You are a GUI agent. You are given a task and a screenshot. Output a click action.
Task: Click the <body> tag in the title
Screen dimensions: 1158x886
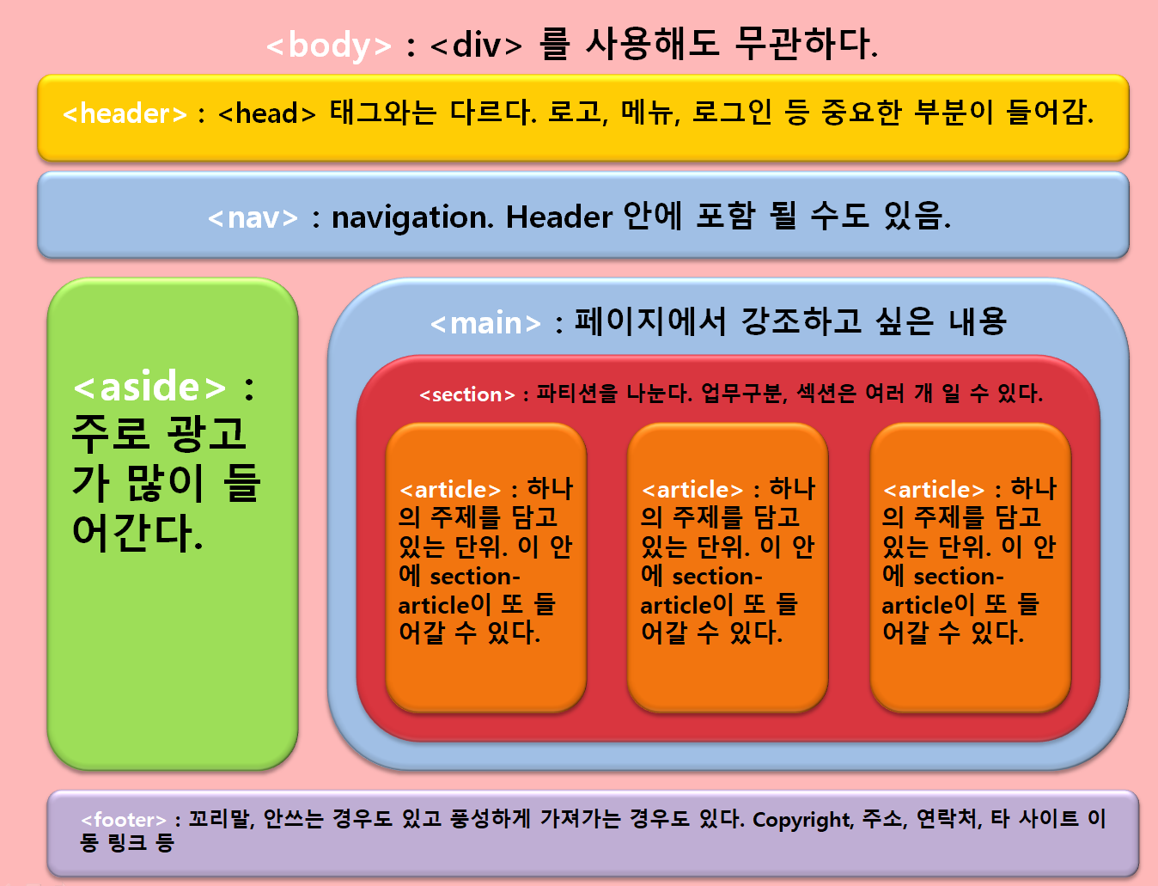(329, 46)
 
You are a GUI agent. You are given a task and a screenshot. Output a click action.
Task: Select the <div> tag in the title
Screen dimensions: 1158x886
(477, 46)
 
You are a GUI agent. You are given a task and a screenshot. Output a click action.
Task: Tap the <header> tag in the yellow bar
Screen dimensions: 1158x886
(125, 113)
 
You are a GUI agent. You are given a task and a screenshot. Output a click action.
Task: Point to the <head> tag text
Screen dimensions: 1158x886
(267, 113)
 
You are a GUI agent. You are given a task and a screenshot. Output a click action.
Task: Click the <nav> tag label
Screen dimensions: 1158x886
(253, 218)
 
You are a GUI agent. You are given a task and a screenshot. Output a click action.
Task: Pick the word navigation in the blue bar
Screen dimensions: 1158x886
(412, 218)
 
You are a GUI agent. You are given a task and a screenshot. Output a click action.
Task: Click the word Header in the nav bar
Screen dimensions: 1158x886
(558, 217)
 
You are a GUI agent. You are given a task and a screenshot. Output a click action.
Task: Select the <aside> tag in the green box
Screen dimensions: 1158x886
(150, 388)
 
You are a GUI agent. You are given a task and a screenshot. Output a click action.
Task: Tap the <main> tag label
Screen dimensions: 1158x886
(485, 324)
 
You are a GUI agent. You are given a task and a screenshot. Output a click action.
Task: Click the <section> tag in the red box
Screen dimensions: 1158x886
(466, 394)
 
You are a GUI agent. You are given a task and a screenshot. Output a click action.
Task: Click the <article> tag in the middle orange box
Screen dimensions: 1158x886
(692, 490)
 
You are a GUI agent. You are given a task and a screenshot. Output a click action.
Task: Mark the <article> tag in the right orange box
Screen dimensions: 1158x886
(934, 490)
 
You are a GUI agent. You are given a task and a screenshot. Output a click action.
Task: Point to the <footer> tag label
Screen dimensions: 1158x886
(124, 820)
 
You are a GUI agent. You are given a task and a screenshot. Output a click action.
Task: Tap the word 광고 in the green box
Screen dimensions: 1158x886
(207, 434)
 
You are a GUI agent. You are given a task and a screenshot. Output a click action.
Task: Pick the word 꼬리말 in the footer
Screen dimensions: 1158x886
(221, 819)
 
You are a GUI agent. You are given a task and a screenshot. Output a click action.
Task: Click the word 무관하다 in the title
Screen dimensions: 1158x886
(806, 44)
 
